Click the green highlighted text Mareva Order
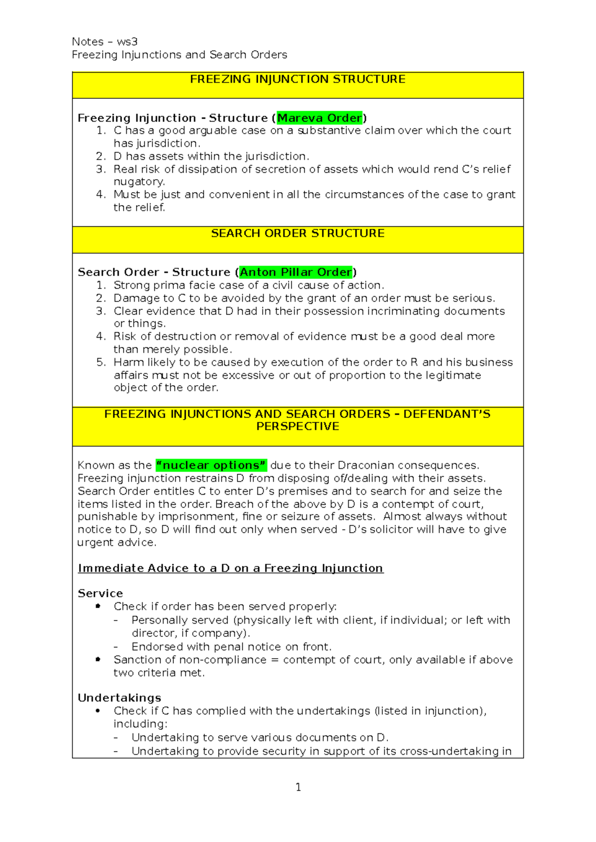click(x=319, y=118)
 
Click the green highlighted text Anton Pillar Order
click(x=296, y=272)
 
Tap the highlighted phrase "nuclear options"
click(x=211, y=465)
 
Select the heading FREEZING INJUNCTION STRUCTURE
click(x=298, y=79)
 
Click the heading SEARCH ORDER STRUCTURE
click(x=298, y=233)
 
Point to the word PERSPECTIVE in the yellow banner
click(x=298, y=426)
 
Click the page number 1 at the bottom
click(x=298, y=787)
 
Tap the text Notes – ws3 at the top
click(x=105, y=42)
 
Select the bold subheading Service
click(x=100, y=593)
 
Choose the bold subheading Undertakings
click(x=119, y=698)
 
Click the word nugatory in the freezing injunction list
click(x=139, y=182)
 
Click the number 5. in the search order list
click(x=101, y=362)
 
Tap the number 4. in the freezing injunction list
click(x=101, y=195)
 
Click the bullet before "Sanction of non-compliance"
click(x=98, y=659)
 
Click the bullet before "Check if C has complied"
click(x=98, y=711)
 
